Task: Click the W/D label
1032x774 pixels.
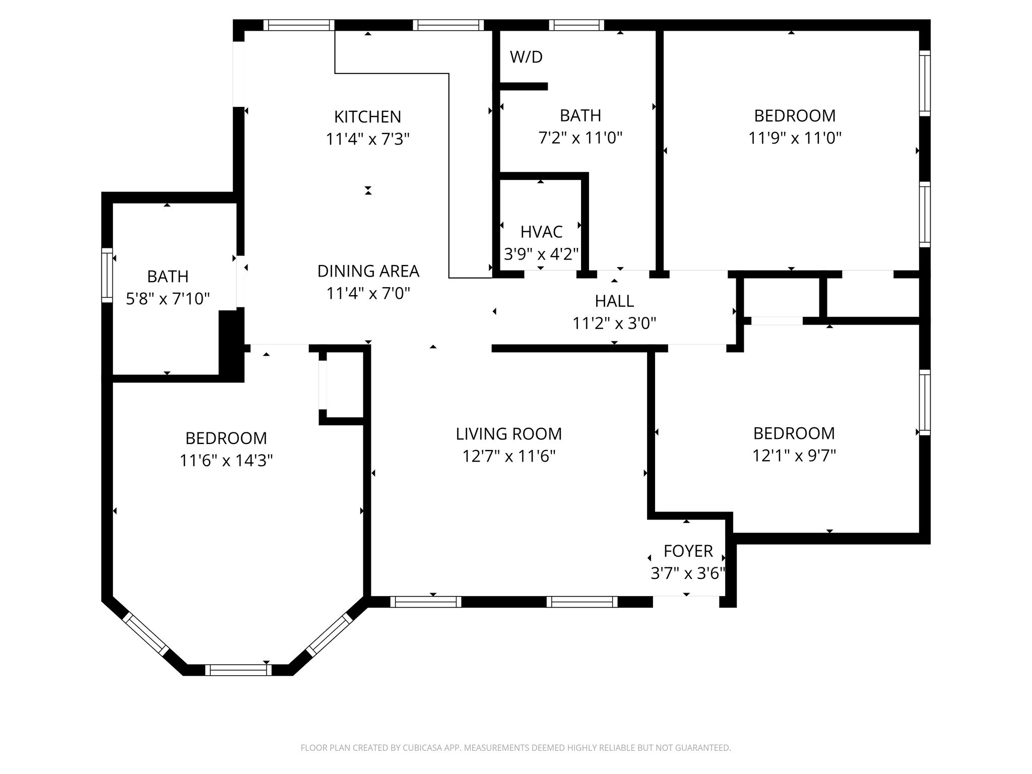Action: click(526, 57)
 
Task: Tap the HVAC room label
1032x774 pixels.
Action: click(541, 232)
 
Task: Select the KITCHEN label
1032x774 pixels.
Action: click(367, 117)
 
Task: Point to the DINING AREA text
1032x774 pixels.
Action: click(368, 271)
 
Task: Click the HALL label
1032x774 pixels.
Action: click(614, 301)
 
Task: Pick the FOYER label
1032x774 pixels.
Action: click(688, 551)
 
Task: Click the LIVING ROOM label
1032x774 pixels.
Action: click(508, 434)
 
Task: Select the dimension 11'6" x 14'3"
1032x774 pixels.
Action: click(226, 460)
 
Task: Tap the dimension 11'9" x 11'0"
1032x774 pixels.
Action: click(795, 138)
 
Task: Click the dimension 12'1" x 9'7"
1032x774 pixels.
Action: click(794, 456)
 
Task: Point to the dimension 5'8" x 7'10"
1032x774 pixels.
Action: click(167, 299)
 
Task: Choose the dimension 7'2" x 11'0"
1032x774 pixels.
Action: click(580, 138)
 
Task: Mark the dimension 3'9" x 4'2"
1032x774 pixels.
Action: click(541, 253)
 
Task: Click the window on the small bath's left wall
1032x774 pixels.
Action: click(107, 275)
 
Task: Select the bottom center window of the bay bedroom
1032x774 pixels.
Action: click(238, 670)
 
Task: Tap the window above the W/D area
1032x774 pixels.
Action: click(576, 25)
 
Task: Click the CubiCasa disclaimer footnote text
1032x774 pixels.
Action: click(515, 748)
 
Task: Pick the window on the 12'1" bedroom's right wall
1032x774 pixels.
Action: click(925, 402)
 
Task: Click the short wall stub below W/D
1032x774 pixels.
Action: click(523, 87)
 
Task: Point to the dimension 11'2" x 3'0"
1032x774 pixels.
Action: click(614, 323)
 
